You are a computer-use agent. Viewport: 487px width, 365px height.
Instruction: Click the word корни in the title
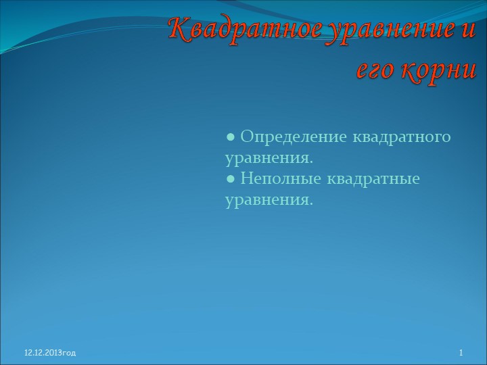click(439, 69)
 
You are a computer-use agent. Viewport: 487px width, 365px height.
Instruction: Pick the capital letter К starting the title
click(178, 29)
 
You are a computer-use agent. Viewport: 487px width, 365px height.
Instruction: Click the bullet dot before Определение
click(230, 138)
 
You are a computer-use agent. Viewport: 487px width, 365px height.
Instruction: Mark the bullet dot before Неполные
click(230, 180)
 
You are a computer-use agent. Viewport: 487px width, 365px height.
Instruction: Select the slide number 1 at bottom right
click(461, 354)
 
